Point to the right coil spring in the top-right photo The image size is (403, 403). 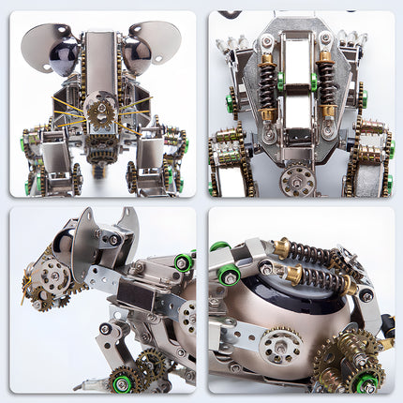(325, 80)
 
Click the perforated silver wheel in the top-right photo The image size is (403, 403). (299, 179)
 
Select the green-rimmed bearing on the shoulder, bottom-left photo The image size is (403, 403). (182, 262)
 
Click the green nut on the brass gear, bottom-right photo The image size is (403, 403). (368, 383)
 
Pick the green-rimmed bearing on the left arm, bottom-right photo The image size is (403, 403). (229, 276)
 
